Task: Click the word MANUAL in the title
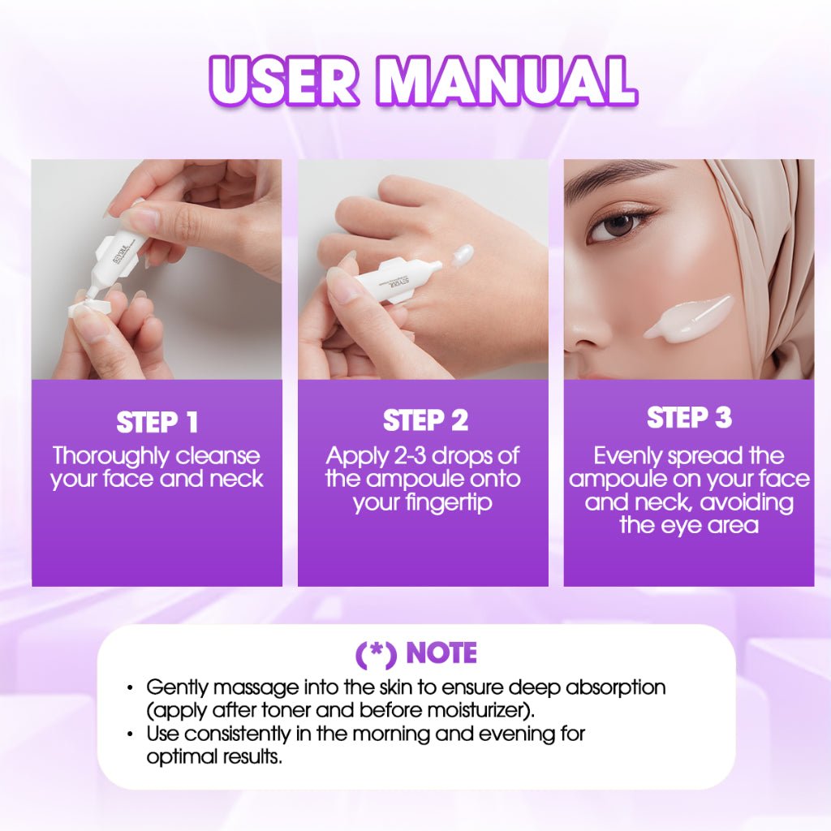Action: [x=505, y=81]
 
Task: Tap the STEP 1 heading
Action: [x=157, y=423]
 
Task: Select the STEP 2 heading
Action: [x=425, y=421]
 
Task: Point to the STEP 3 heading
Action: [x=689, y=418]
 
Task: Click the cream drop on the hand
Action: [x=461, y=256]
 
